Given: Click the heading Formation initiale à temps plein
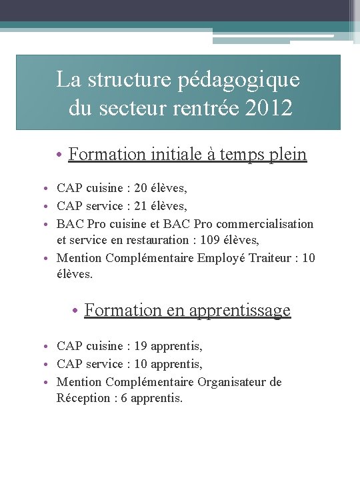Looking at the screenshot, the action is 187,155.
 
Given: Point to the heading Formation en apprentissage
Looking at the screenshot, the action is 187,310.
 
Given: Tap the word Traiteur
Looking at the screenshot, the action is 266,258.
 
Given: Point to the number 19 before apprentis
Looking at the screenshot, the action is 141,346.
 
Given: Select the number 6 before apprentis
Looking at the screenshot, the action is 125,399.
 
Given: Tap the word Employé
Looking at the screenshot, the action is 219,258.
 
